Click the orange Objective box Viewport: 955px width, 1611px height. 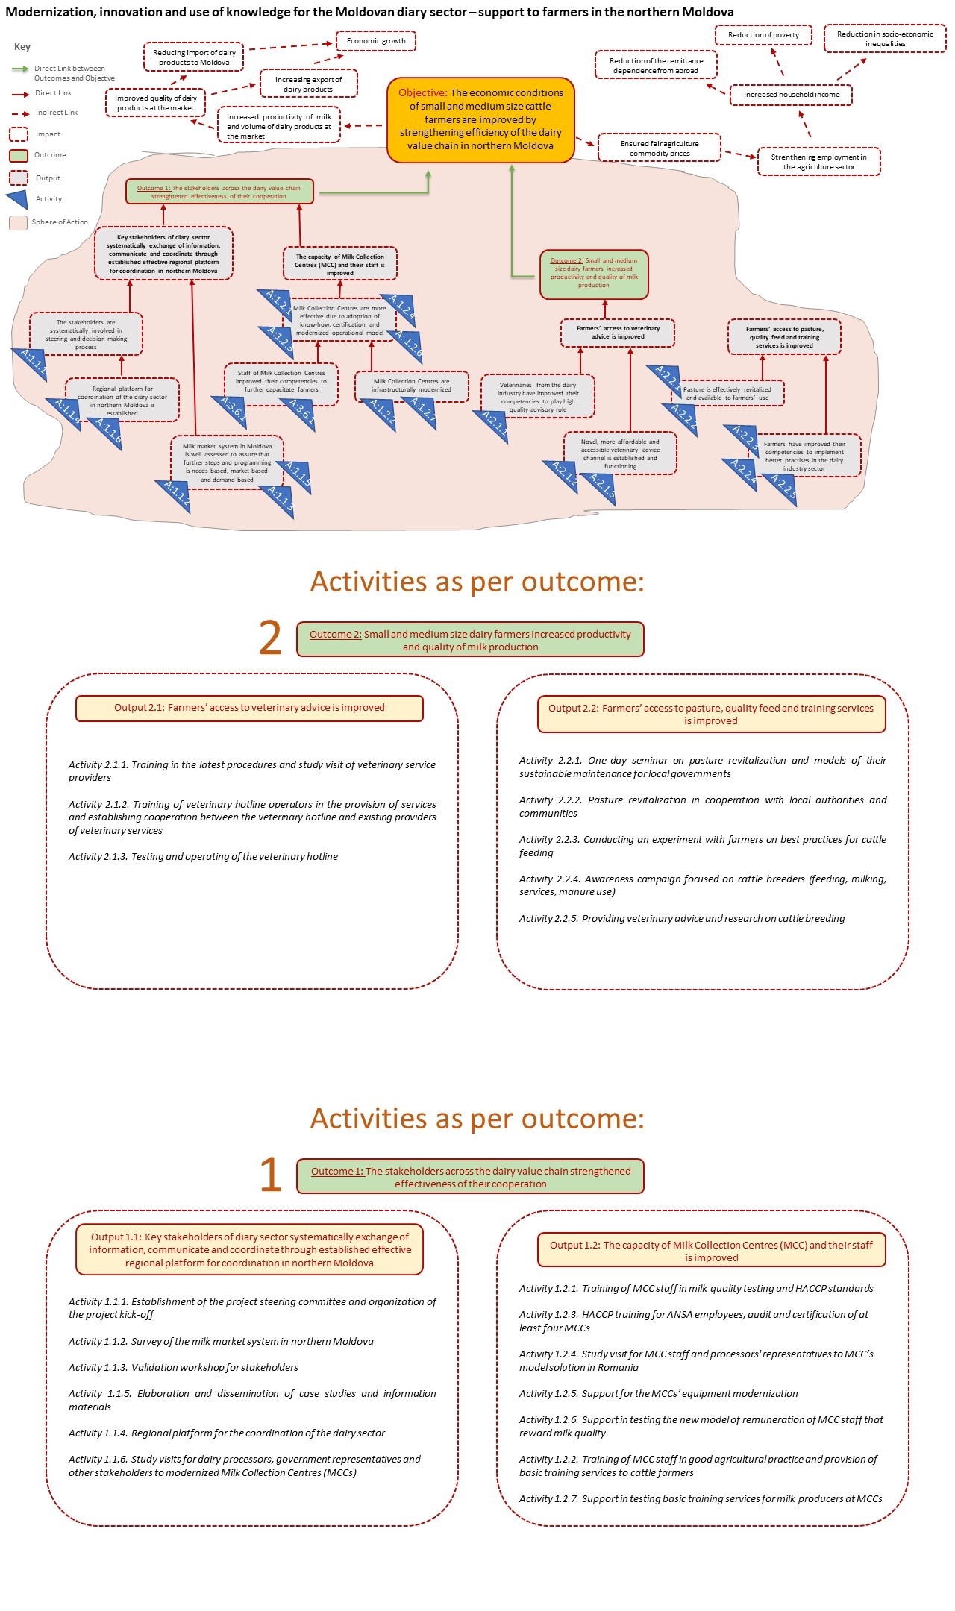pyautogui.click(x=480, y=119)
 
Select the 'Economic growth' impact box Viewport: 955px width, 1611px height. pyautogui.click(x=376, y=41)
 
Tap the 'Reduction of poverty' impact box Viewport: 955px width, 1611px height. pyautogui.click(x=763, y=35)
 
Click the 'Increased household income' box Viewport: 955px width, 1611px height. pyautogui.click(x=791, y=95)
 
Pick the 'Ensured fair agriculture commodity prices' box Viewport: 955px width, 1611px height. pyautogui.click(x=660, y=148)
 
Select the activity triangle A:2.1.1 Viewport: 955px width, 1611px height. pyautogui.click(x=493, y=425)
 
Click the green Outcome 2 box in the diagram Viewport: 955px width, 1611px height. pyautogui.click(x=594, y=274)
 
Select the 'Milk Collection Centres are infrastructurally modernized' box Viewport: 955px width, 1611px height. pyautogui.click(x=412, y=386)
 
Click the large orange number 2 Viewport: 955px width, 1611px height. pyautogui.click(x=270, y=639)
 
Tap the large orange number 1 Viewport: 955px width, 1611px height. pyautogui.click(x=270, y=1175)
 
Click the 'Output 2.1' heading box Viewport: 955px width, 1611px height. pyautogui.click(x=249, y=708)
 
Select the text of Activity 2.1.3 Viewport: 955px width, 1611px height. pyautogui.click(x=203, y=856)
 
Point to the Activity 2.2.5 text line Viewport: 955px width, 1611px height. pyautogui.click(x=682, y=918)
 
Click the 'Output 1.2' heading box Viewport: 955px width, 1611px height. pyautogui.click(x=711, y=1251)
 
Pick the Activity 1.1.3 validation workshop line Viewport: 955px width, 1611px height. pyautogui.click(x=184, y=1367)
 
